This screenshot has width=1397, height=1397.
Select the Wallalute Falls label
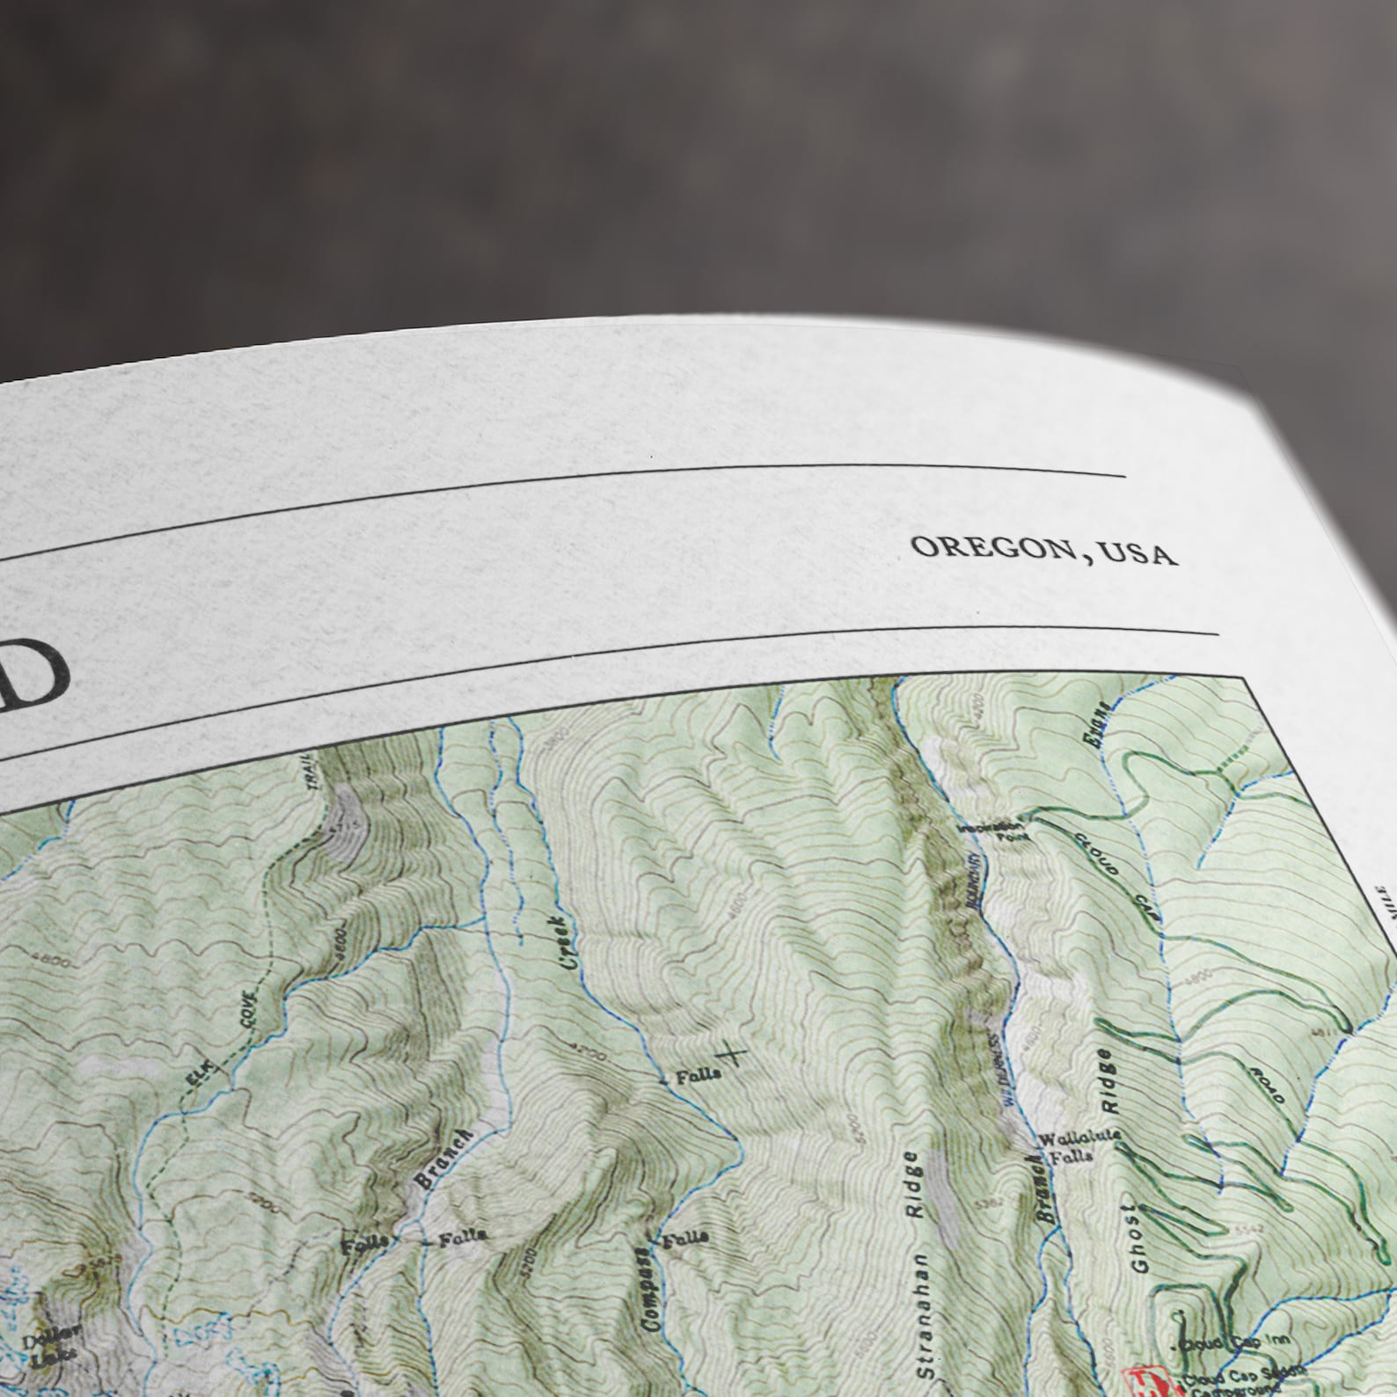click(1079, 1146)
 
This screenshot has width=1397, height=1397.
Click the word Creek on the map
click(568, 940)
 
